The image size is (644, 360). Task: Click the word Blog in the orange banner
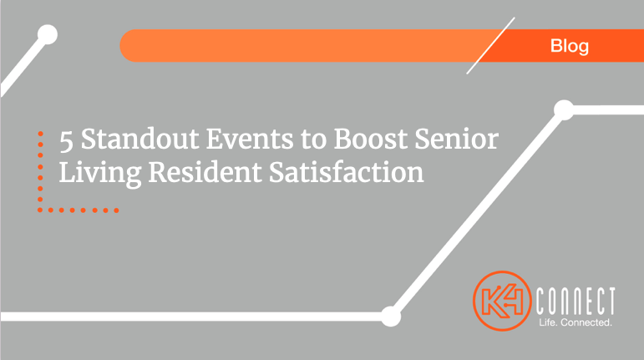coord(570,47)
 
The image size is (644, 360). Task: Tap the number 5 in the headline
coord(66,141)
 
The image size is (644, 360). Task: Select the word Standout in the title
coord(140,139)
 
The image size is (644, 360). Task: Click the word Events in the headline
coord(250,139)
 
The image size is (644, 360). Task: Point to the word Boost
coord(371,139)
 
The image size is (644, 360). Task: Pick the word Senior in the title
coord(457,139)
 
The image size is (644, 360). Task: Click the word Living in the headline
coord(100,172)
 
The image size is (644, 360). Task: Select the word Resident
coord(205,172)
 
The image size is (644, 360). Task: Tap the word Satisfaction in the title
coord(347,172)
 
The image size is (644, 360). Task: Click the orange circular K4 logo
coord(502,301)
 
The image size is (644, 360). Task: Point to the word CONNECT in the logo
coord(576,301)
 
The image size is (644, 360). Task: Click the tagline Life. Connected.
coord(576,322)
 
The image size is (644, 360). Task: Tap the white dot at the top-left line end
coord(48,34)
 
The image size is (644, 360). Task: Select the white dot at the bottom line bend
coord(391,317)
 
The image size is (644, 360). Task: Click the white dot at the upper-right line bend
coord(564,110)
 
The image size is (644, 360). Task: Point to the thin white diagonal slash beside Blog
coord(490,46)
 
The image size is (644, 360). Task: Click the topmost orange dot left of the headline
coord(40,134)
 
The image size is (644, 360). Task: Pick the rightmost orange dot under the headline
coord(116,210)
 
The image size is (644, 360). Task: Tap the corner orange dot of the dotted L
coord(40,210)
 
